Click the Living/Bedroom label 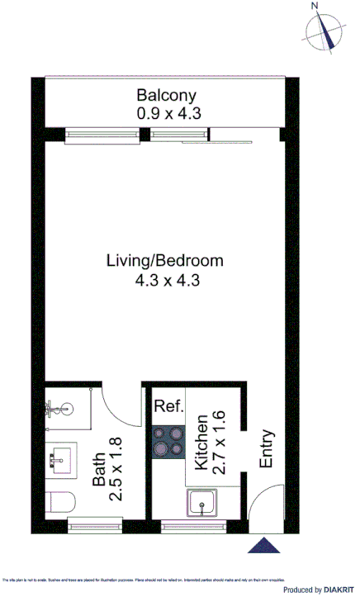tap(165, 261)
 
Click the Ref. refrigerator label tap(168, 406)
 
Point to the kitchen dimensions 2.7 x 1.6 tap(219, 442)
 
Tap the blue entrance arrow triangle tap(266, 545)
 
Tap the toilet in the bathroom tap(61, 501)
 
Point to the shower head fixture tap(56, 407)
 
